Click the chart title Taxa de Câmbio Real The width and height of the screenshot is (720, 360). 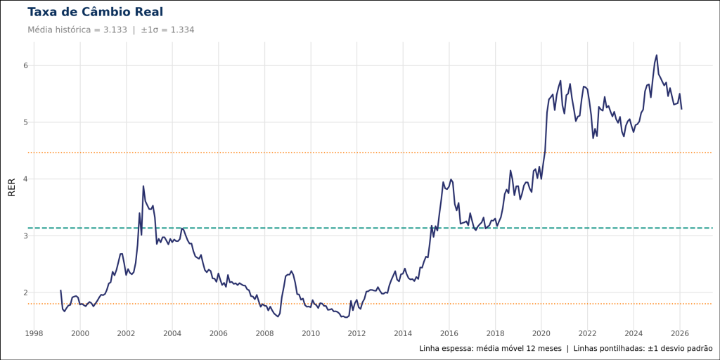coord(95,12)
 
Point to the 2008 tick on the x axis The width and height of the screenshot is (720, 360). coord(264,333)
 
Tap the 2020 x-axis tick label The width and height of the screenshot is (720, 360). coord(541,333)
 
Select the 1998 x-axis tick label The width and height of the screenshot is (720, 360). coord(34,333)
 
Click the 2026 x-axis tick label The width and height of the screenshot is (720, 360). coord(679,333)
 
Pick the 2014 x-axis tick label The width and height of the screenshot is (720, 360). coord(403,333)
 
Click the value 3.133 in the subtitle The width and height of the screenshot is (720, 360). coord(115,30)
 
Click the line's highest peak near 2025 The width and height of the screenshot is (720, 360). coord(657,55)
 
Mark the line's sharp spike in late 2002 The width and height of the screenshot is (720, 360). coord(143,186)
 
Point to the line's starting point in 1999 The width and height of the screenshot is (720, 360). coord(60,290)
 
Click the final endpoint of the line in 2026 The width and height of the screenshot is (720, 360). coord(681,109)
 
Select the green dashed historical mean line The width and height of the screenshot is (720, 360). coord(352,228)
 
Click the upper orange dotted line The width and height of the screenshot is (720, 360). coord(352,153)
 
